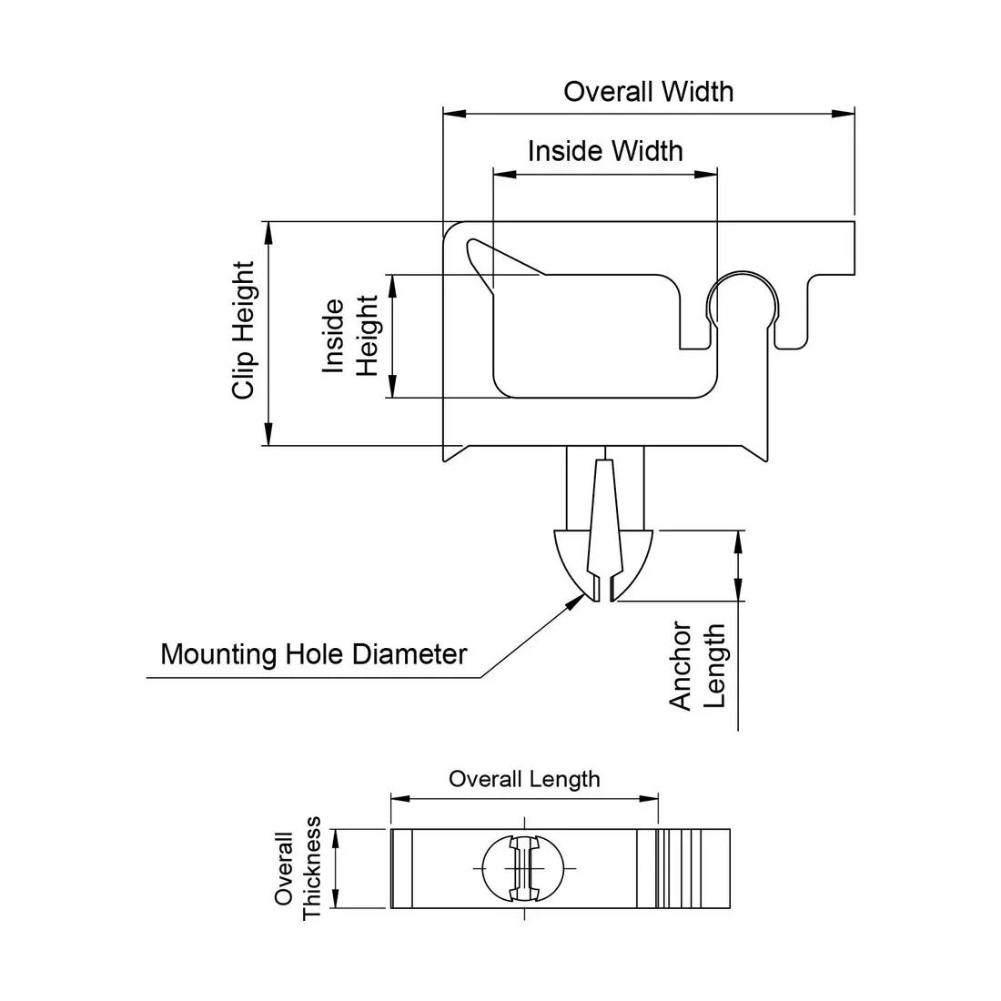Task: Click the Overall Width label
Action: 648,92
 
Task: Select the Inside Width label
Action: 605,150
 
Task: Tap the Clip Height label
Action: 244,331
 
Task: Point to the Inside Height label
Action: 350,336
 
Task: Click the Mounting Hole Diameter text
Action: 313,654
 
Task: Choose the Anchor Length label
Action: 698,665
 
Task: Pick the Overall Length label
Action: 524,779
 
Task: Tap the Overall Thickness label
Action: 298,868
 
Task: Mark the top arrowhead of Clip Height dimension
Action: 268,228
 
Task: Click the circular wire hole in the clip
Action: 743,301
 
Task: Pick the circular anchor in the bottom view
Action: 524,868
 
